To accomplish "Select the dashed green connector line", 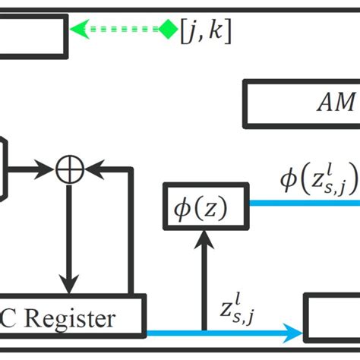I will click(122, 30).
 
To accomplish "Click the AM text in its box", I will click(334, 103).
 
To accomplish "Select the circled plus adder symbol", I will click(70, 168).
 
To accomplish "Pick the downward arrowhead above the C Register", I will click(70, 285).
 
